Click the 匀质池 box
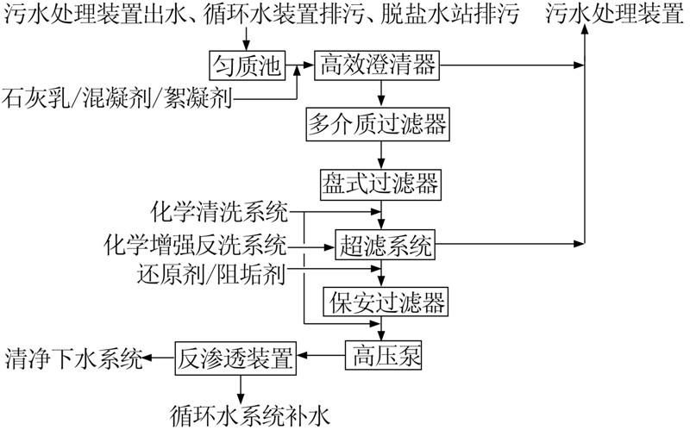248,65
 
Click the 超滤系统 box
385,246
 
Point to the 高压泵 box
384,355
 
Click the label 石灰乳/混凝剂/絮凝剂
117,97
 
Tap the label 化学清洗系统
219,211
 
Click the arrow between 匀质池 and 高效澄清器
298,65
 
